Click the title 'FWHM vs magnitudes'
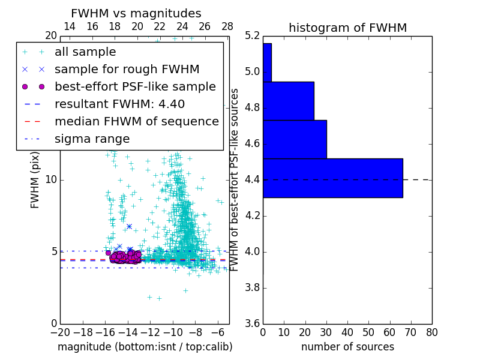(136, 13)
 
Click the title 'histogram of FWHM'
(347, 28)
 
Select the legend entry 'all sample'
(85, 52)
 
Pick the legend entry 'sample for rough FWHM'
(127, 69)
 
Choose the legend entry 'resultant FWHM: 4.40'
(119, 104)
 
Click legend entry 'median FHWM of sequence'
(136, 121)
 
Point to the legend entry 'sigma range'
(92, 139)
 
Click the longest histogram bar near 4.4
(332, 178)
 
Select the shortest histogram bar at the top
(267, 62)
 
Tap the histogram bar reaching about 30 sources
(295, 139)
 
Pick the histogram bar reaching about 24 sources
(288, 101)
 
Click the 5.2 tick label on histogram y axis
(253, 37)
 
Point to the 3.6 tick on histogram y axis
(253, 323)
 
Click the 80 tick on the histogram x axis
(431, 332)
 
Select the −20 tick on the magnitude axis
(60, 332)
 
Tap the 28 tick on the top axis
(227, 26)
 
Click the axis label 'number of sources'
(347, 347)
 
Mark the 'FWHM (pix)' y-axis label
(35, 179)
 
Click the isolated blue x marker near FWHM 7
(129, 226)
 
